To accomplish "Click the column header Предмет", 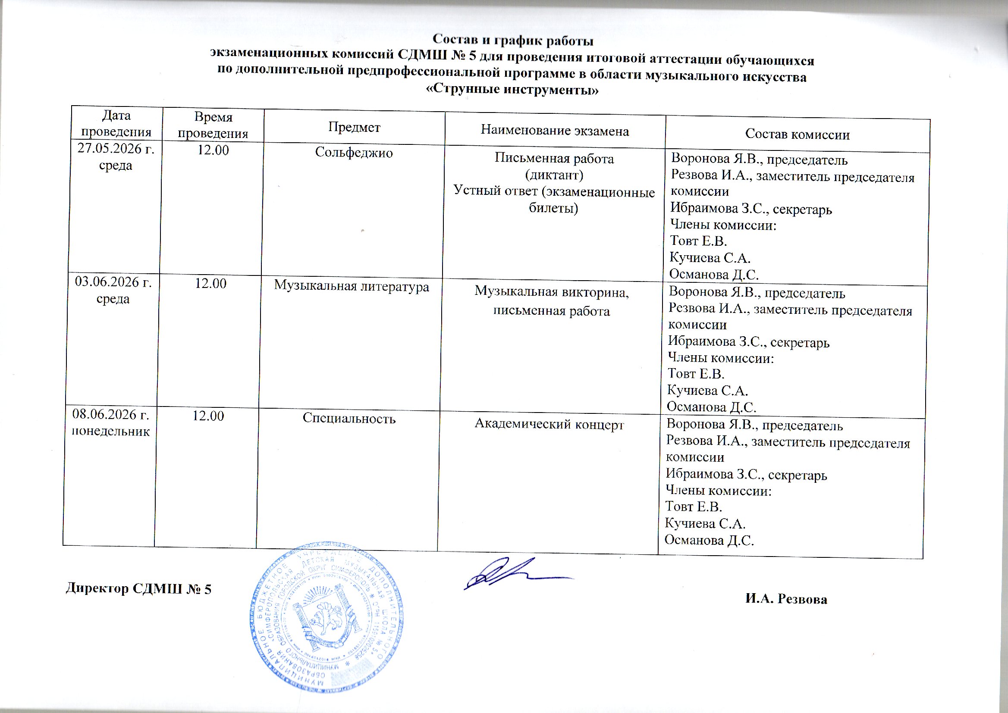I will tap(354, 127).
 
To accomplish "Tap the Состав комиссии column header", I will tap(797, 134).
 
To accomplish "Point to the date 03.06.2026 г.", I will tap(113, 282).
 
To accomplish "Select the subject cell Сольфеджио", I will tap(354, 152).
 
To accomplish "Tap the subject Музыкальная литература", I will tap(352, 286).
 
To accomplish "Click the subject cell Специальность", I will tap(349, 419).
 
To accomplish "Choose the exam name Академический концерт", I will tap(549, 425).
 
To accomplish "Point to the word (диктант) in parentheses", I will tap(554, 175).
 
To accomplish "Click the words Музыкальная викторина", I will tap(552, 292).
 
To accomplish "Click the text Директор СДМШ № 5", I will tap(138, 589).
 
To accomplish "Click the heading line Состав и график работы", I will tap(513, 41).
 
